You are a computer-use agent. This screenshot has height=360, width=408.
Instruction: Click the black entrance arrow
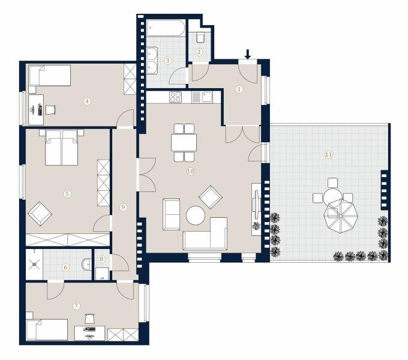(248, 54)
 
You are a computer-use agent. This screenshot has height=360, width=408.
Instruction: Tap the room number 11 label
(329, 155)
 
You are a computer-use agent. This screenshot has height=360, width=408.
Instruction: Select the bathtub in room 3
(166, 28)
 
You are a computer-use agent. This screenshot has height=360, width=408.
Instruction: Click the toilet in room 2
(200, 37)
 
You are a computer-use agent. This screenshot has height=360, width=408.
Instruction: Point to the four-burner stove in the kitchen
(175, 97)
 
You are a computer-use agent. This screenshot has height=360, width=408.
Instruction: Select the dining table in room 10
(184, 142)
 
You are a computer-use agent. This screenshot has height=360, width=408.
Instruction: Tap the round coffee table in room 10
(196, 215)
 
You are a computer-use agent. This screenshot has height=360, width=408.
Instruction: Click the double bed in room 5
(62, 148)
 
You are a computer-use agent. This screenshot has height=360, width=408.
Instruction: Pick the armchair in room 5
(40, 214)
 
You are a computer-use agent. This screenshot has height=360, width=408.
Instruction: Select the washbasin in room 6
(86, 264)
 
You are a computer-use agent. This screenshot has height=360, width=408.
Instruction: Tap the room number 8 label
(101, 259)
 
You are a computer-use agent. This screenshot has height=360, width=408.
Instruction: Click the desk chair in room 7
(89, 319)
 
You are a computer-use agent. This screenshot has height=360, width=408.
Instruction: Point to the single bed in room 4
(50, 76)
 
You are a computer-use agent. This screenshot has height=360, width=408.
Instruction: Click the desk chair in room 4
(51, 110)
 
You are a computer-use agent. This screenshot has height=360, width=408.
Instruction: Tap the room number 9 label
(123, 208)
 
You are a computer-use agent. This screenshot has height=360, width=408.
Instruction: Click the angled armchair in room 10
(211, 197)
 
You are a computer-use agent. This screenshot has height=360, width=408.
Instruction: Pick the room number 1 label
(239, 89)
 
